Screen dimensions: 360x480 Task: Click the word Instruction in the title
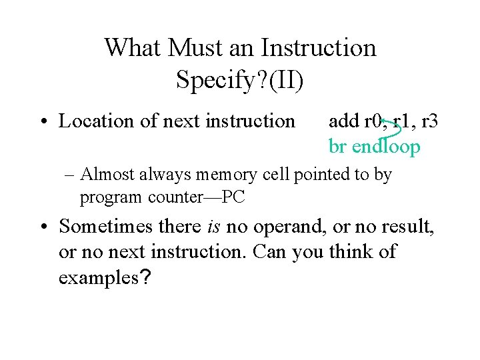(319, 48)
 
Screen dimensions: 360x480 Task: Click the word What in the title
(133, 48)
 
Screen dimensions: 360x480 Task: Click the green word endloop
(386, 146)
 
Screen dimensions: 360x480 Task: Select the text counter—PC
(210, 197)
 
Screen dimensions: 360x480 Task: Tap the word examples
(100, 277)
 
